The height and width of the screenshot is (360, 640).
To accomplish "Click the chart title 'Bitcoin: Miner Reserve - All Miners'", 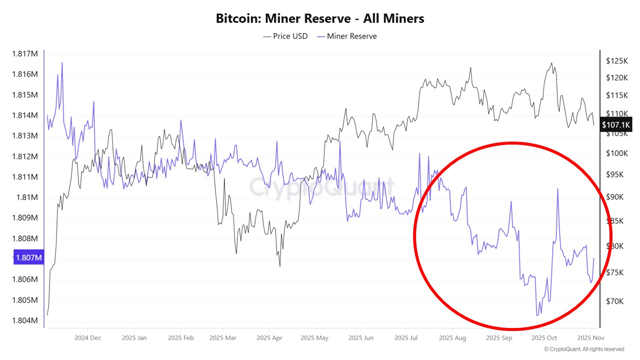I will click(320, 18).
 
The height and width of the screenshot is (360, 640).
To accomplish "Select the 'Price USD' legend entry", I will click(285, 36).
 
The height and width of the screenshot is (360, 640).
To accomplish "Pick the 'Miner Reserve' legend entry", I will click(346, 36).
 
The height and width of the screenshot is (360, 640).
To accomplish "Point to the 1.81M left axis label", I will click(27, 197).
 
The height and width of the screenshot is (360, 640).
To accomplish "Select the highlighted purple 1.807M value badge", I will click(29, 258).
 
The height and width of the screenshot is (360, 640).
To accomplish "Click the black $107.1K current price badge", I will click(616, 125).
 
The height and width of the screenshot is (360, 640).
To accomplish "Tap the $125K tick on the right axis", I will click(616, 61).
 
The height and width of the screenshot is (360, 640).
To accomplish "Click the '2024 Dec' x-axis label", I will click(87, 338).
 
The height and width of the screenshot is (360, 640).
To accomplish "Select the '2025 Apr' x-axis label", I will click(269, 338).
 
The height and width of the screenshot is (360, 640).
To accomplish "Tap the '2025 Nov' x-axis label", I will click(590, 338).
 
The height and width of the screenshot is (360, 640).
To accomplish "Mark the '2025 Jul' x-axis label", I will click(406, 338).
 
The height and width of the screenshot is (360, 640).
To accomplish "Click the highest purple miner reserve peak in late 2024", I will click(62, 63).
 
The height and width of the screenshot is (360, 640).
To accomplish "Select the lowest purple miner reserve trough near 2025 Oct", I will click(538, 315).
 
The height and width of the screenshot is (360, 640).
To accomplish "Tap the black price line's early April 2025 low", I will click(279, 265).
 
